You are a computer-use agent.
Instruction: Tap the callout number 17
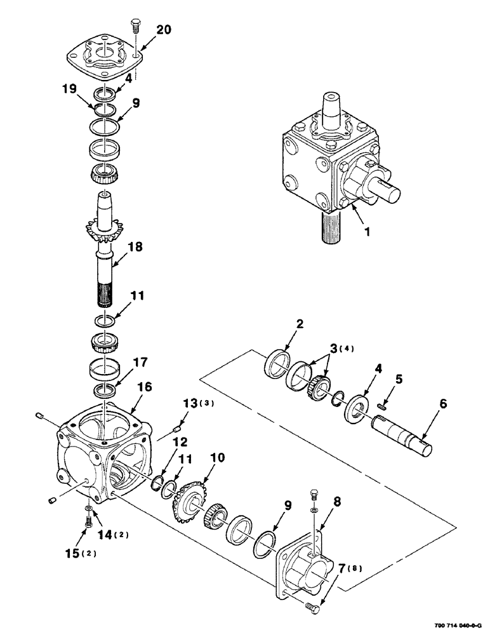(x=140, y=363)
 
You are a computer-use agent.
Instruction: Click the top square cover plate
(x=103, y=53)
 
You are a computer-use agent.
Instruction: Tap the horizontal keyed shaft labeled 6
(x=403, y=436)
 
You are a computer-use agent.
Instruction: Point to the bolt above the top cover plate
(x=135, y=26)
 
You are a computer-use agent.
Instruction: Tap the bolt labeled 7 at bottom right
(x=312, y=609)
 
